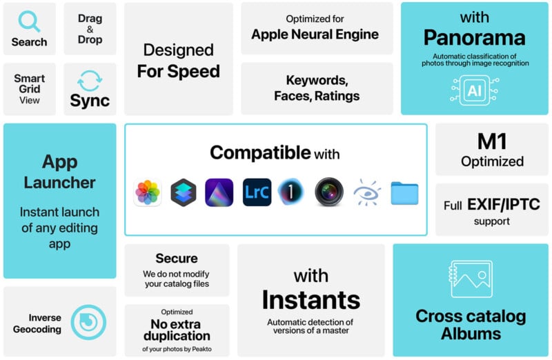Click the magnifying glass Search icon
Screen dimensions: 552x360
(x=28, y=22)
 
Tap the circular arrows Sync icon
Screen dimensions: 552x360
(x=90, y=81)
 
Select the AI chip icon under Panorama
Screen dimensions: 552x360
(x=475, y=90)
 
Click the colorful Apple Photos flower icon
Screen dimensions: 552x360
(x=148, y=192)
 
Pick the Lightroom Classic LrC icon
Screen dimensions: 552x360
(x=257, y=192)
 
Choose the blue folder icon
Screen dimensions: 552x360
(x=404, y=193)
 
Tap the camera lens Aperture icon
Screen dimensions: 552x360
(x=329, y=192)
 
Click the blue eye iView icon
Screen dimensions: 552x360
(x=367, y=192)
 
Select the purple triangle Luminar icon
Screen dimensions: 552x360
(x=219, y=192)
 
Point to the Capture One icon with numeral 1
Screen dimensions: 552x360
(x=291, y=192)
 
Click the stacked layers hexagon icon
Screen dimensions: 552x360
(x=184, y=192)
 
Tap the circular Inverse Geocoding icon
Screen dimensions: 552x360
(x=88, y=322)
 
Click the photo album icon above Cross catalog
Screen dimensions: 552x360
(x=471, y=279)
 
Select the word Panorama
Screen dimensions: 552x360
(x=474, y=38)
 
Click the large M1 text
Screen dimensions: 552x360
(x=492, y=141)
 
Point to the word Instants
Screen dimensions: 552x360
(x=311, y=300)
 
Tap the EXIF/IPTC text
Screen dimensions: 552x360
(x=504, y=204)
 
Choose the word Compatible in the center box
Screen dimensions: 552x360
(x=260, y=152)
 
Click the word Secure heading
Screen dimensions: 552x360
(x=177, y=259)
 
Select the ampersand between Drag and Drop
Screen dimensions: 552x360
(x=90, y=29)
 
